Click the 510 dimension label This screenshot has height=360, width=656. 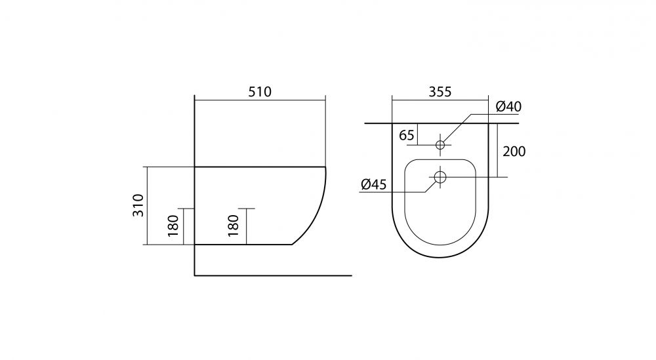tap(260, 92)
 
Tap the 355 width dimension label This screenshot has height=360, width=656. tap(440, 92)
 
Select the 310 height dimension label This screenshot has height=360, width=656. tap(138, 205)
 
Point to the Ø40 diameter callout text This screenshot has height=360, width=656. tap(509, 107)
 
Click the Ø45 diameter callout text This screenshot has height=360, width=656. tap(374, 184)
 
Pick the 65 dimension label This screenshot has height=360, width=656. tap(407, 136)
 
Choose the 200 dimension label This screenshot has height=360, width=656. tap(514, 151)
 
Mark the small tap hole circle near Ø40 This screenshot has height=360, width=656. tap(440, 145)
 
